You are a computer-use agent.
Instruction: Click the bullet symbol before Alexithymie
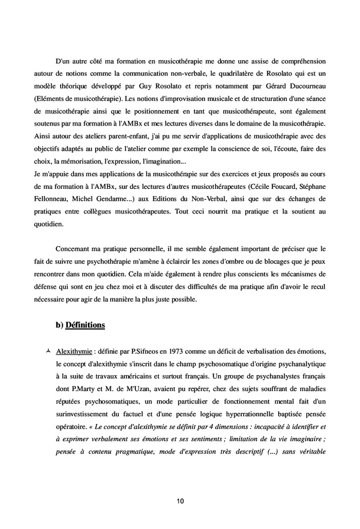(x=48, y=350)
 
